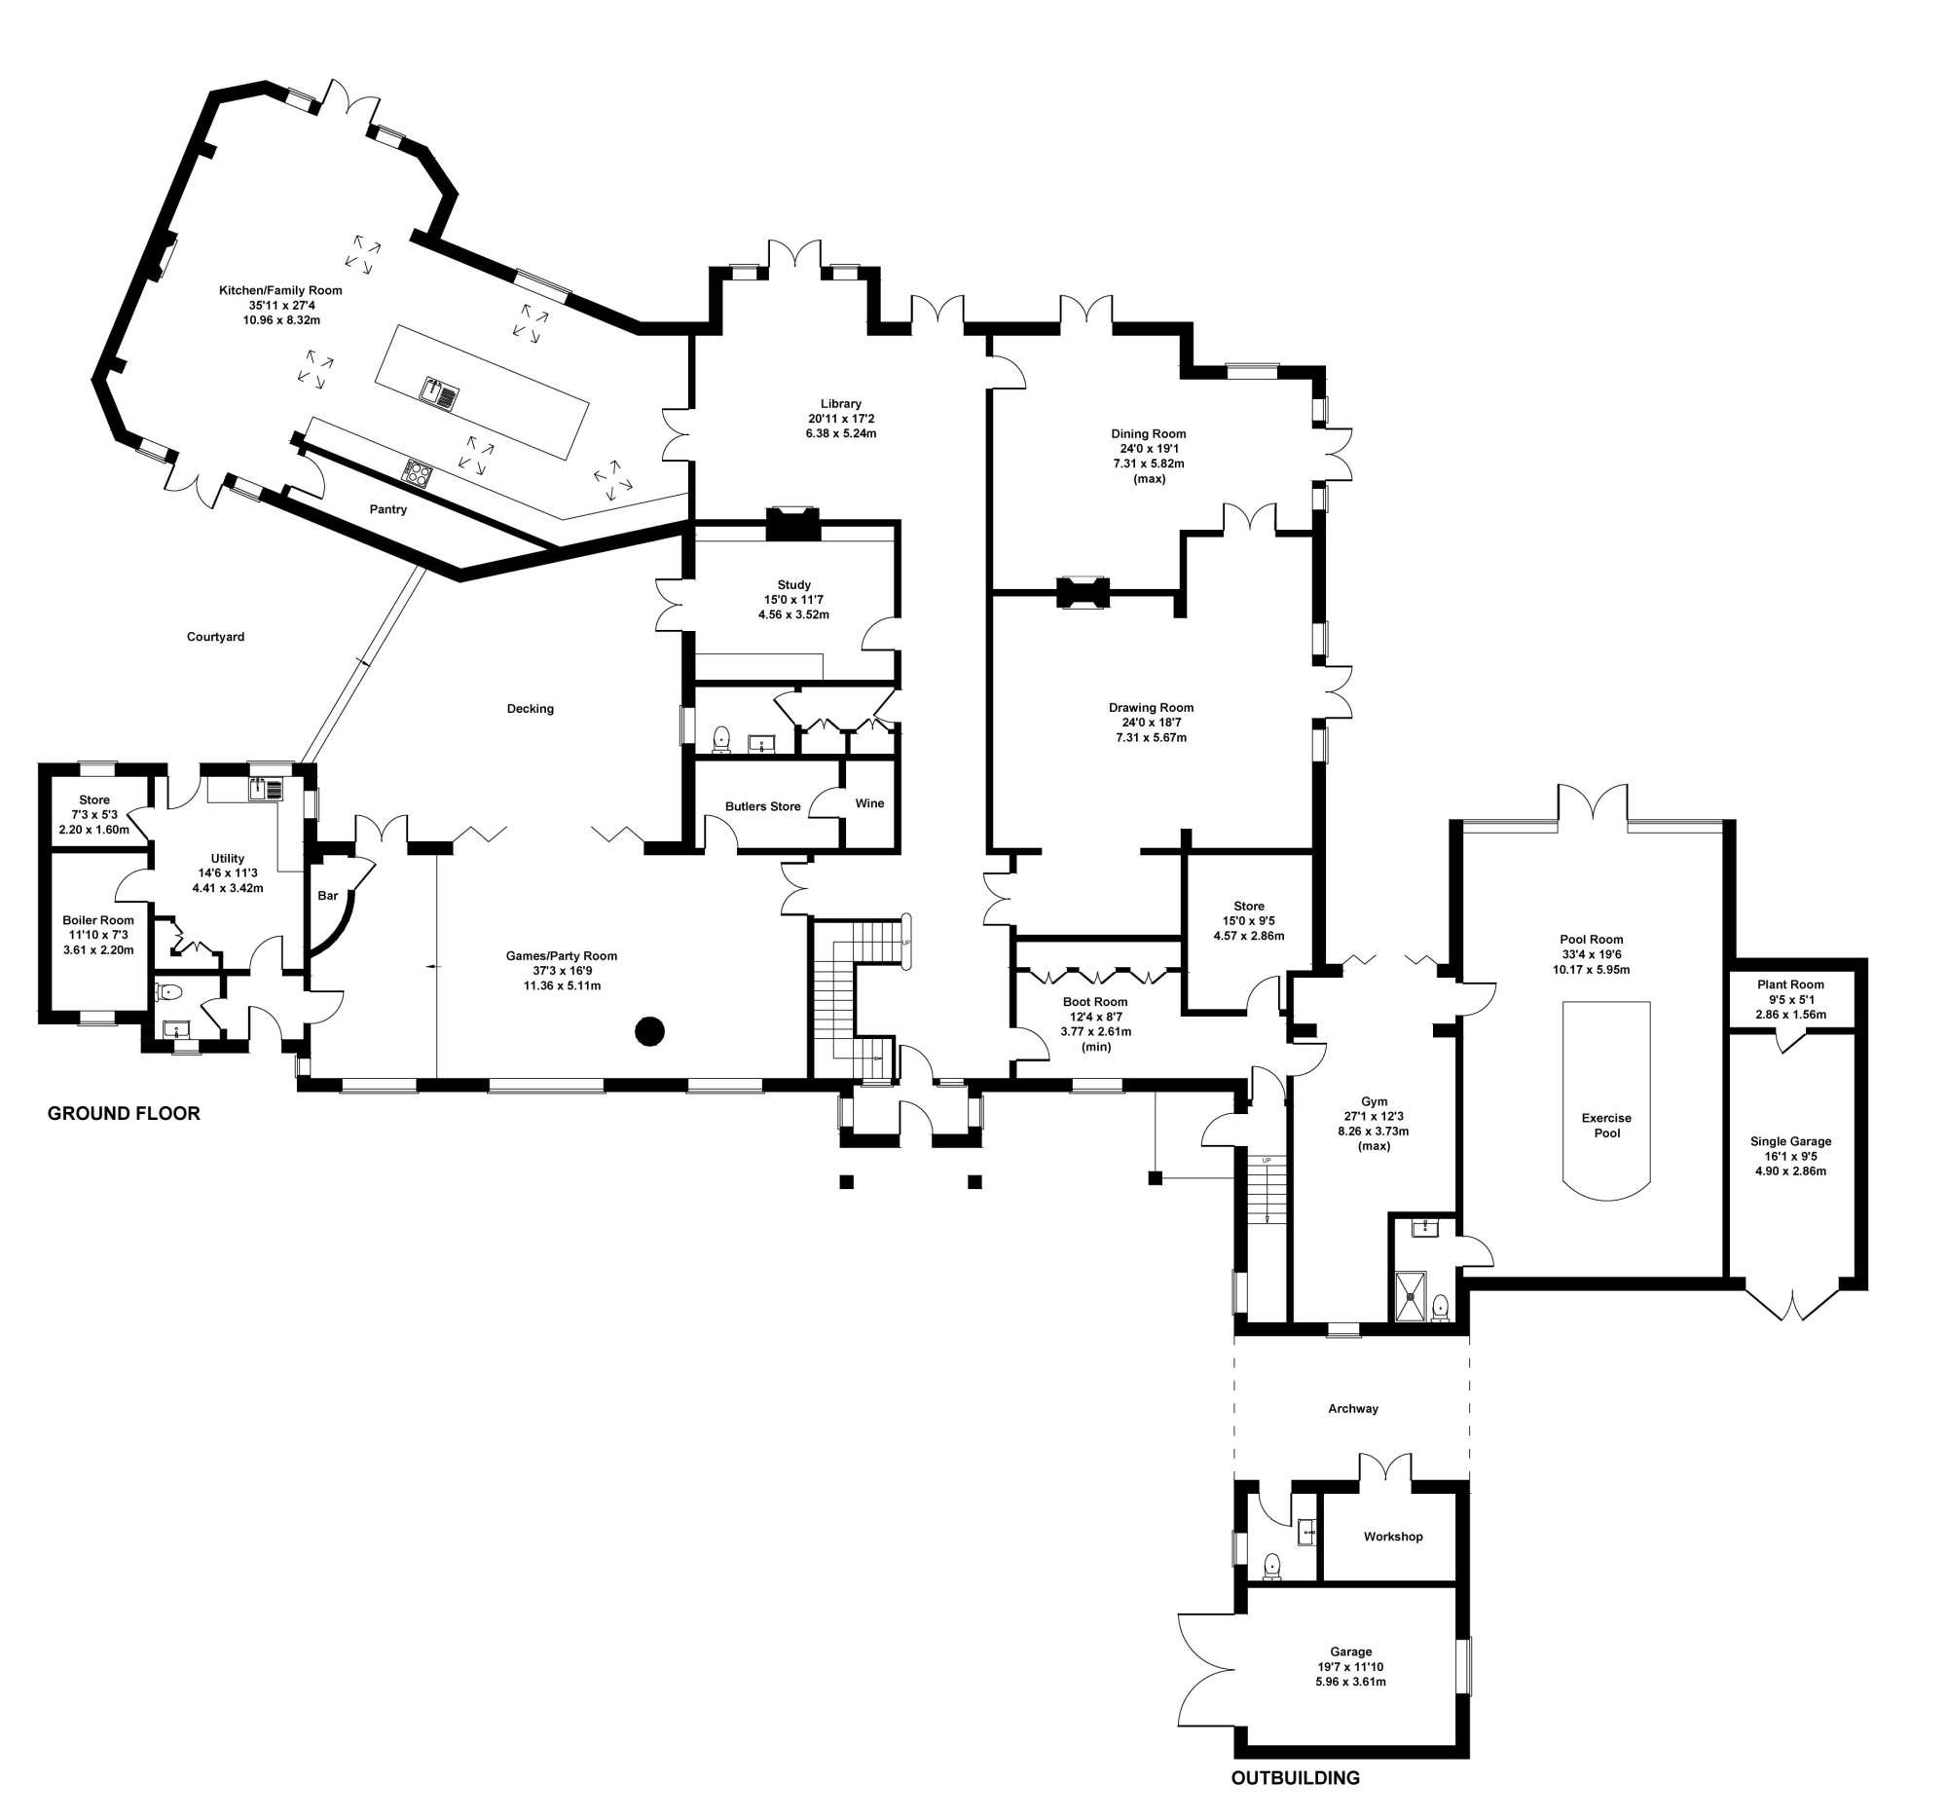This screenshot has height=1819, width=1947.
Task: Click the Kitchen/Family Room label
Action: pyautogui.click(x=280, y=290)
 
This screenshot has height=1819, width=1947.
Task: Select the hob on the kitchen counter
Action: pyautogui.click(x=419, y=473)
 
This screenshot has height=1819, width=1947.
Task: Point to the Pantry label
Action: pyautogui.click(x=387, y=509)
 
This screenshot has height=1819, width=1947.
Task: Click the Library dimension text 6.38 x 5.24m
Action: pyautogui.click(x=840, y=433)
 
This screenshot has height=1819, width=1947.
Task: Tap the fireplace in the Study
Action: pyautogui.click(x=791, y=524)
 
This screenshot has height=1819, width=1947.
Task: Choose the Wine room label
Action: pyautogui.click(x=869, y=803)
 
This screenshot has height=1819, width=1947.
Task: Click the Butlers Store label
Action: pyautogui.click(x=763, y=806)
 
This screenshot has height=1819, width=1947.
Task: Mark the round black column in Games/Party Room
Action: pyautogui.click(x=649, y=1030)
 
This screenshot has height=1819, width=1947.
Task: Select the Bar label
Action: pyautogui.click(x=327, y=895)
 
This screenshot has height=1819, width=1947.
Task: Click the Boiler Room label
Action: pyautogui.click(x=98, y=920)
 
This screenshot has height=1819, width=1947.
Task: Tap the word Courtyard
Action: pyautogui.click(x=215, y=637)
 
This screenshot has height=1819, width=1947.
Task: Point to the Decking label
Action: pyautogui.click(x=530, y=708)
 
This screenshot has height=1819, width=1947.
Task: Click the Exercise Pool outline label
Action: pyautogui.click(x=1606, y=1125)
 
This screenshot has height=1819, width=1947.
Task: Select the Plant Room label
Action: pyautogui.click(x=1790, y=984)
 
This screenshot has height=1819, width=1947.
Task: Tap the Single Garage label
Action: pyautogui.click(x=1790, y=1141)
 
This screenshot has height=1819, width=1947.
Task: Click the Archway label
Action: pyautogui.click(x=1352, y=1409)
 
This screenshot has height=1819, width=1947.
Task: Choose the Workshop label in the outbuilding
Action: pyautogui.click(x=1393, y=1537)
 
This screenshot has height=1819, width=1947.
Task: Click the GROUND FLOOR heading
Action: pyautogui.click(x=124, y=1113)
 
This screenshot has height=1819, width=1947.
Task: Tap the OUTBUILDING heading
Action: pyautogui.click(x=1295, y=1778)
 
